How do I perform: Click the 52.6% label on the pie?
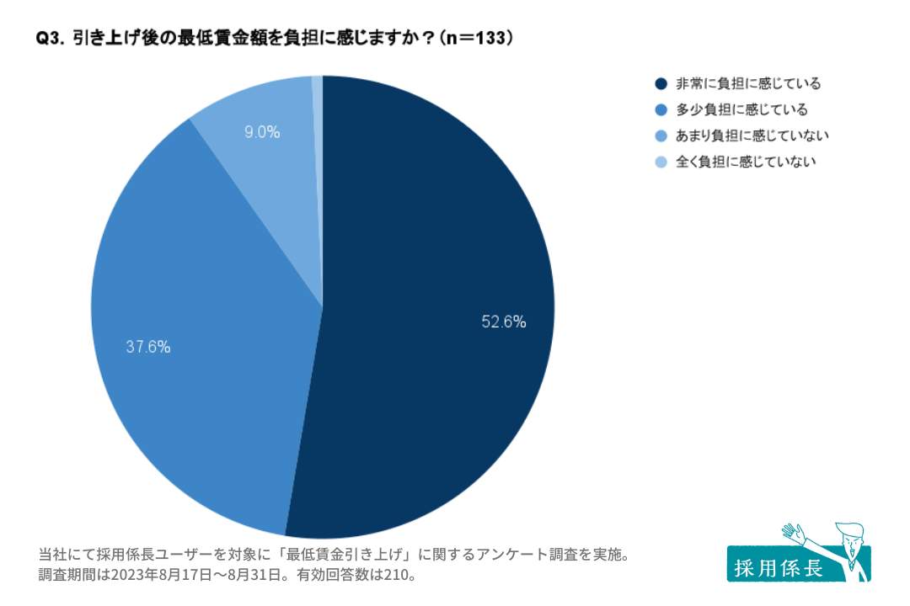coord(504,321)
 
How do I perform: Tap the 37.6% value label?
coord(148,346)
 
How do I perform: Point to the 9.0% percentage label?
coord(262,132)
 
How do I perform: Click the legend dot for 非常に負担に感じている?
coord(661,83)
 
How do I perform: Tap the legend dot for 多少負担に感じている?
coord(661,109)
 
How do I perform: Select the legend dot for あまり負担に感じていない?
coord(661,136)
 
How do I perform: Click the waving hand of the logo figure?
coord(792,533)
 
